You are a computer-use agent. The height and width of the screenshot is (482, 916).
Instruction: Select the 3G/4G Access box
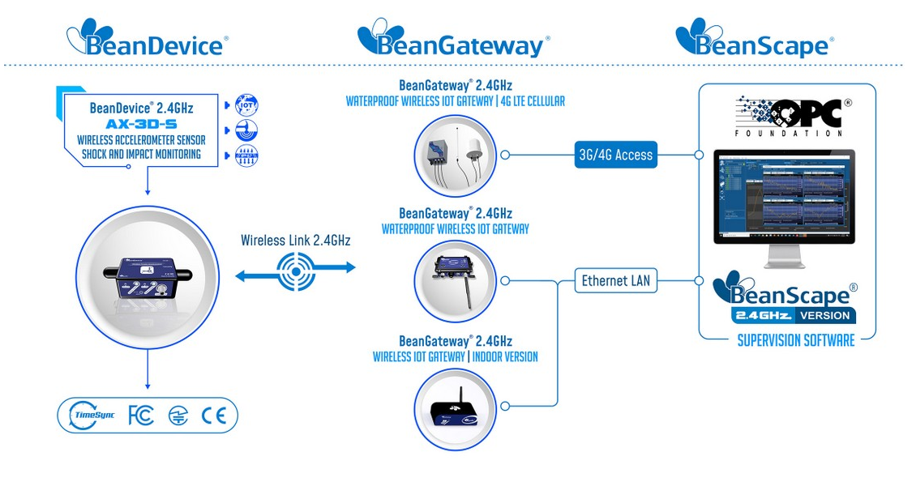point(615,154)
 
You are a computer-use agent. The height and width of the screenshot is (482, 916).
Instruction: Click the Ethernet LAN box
point(616,281)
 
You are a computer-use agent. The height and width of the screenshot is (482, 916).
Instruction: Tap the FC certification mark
point(141,416)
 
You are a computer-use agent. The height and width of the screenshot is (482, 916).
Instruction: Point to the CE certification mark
point(214,416)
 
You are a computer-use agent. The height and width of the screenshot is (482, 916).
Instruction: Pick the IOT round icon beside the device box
point(246,105)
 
